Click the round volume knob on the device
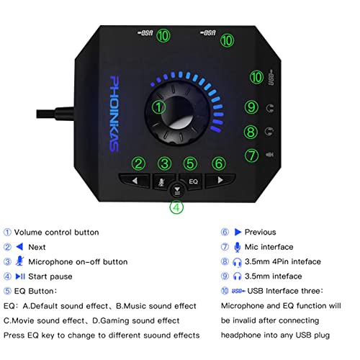[x=177, y=113]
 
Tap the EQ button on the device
[x=192, y=181]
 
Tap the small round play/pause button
[x=177, y=191]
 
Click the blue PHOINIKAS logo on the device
[x=114, y=114]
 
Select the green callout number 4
[x=176, y=207]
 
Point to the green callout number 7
[x=251, y=156]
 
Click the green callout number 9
[x=251, y=107]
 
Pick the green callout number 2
[x=139, y=163]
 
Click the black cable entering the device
[x=55, y=113]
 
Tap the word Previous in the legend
[x=260, y=232]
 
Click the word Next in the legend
[x=37, y=247]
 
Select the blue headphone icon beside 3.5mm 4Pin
[x=237, y=262]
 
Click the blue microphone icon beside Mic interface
[x=237, y=247]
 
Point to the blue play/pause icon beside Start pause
[x=20, y=276]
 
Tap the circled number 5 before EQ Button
[x=7, y=291]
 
